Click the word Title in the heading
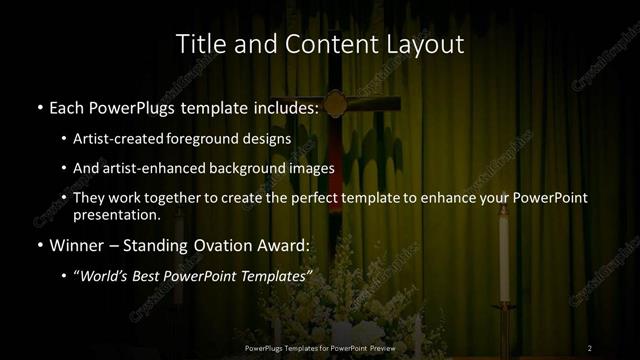199,45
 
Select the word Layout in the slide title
427,45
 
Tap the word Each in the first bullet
67,105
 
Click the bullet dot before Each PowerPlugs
38,106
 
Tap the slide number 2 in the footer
589,347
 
